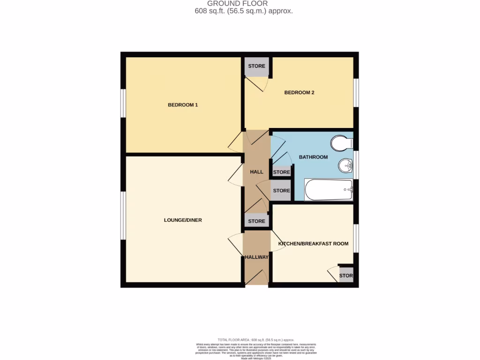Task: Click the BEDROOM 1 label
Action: [183, 105]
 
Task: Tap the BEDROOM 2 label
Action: [299, 92]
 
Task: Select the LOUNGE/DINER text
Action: [183, 220]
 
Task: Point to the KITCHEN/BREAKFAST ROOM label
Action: [314, 244]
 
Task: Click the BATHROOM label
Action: [313, 157]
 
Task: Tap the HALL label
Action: [256, 172]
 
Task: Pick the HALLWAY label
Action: [256, 257]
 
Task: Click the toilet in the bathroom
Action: [341, 142]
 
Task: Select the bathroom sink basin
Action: [345, 165]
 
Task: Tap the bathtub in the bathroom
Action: [329, 190]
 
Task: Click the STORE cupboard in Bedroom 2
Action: [256, 66]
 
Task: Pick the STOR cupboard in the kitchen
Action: [346, 276]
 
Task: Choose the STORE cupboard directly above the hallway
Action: [256, 221]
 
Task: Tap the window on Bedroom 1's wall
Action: [122, 102]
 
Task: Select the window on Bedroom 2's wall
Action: [356, 93]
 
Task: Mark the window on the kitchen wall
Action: [356, 238]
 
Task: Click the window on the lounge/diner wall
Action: [122, 216]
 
